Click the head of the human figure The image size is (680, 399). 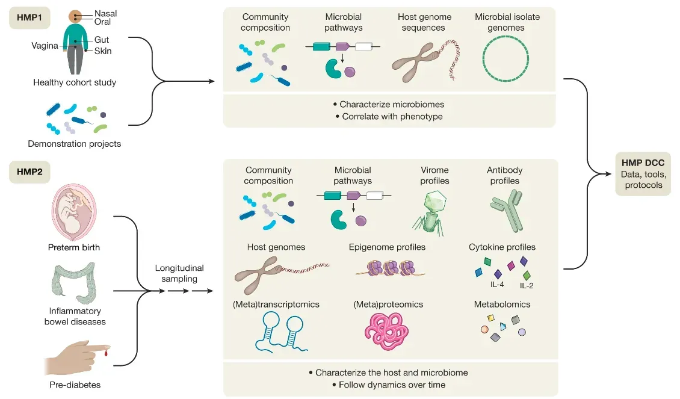click(x=75, y=17)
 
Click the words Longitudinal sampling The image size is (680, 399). click(x=179, y=274)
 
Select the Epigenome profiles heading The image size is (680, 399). click(x=387, y=247)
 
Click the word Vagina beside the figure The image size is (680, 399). click(x=45, y=45)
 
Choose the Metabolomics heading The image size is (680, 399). click(x=502, y=305)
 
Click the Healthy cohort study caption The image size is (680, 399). click(x=75, y=82)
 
